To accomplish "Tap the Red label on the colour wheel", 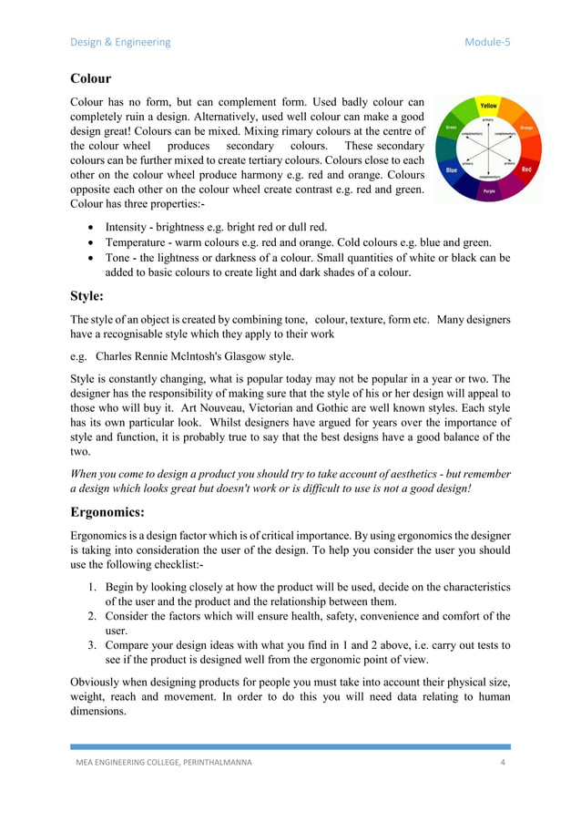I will pos(526,170).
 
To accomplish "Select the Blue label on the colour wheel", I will pos(451,170).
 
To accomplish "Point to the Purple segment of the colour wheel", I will pos(489,192).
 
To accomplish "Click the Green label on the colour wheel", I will pos(451,128).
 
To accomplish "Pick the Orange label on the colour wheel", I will pos(526,128).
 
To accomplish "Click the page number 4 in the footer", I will pos(503,762).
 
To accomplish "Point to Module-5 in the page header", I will pos(487,42).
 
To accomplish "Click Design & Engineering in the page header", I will pos(120,42).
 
